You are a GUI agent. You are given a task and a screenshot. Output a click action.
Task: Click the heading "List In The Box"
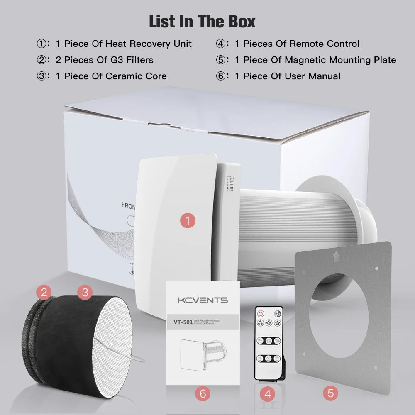[202, 22]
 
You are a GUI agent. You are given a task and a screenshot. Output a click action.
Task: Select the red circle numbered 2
[44, 292]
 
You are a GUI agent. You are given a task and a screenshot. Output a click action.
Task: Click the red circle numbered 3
[85, 292]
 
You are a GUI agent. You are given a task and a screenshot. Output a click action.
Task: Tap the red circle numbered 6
[203, 393]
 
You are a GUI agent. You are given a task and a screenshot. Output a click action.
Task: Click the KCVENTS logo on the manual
[203, 300]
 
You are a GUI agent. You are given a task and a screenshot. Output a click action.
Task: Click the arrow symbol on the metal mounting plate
[335, 257]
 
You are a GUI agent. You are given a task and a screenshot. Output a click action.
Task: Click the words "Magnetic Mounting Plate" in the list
[340, 60]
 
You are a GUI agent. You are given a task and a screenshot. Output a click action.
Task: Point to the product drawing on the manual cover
[203, 352]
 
